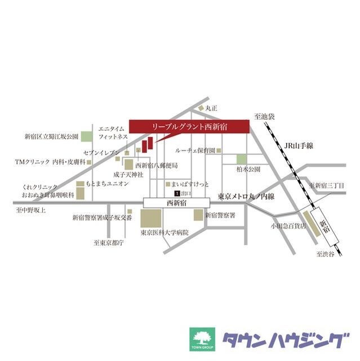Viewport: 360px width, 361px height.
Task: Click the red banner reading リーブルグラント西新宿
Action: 189,127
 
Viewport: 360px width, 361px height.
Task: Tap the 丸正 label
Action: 211,107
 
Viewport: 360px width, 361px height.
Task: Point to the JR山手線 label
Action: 299,146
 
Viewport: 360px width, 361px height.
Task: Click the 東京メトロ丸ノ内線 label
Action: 246,196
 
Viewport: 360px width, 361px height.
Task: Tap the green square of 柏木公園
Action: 241,159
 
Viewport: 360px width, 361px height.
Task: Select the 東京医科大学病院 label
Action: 165,232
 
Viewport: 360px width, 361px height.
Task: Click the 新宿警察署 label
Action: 220,215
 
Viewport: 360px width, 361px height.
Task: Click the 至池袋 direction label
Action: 263,116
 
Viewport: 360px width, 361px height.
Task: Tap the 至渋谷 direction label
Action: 325,254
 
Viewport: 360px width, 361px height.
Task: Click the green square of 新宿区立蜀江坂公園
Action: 86,137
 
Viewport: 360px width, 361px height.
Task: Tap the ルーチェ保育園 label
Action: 195,151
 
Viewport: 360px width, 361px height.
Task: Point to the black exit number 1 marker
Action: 176,193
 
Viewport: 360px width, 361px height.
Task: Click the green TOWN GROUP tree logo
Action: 200,340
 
